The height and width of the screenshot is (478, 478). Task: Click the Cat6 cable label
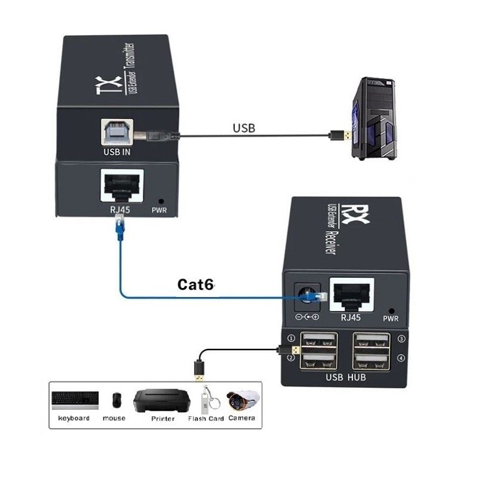tap(195, 285)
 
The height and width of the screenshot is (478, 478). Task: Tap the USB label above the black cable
tap(244, 128)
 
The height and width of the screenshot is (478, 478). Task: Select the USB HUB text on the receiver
tap(345, 377)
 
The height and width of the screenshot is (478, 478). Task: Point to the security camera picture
tap(244, 400)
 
